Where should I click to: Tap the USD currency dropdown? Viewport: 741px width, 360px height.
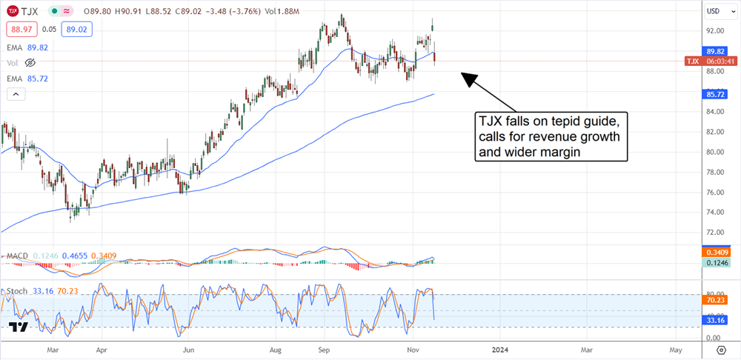pos(717,11)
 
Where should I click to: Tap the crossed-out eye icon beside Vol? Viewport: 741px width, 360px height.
pos(30,63)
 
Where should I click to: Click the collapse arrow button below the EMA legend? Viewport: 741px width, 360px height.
pos(15,93)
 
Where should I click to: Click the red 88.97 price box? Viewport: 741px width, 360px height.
pos(20,29)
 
